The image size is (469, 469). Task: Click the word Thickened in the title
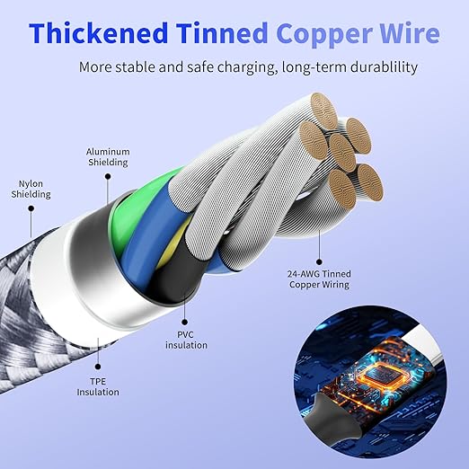[99, 33]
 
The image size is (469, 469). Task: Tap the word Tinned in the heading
[222, 33]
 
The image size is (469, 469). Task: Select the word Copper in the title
[324, 35]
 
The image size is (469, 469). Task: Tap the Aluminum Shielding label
[108, 157]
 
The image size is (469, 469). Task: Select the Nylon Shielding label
[31, 189]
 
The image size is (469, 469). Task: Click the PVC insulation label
[186, 340]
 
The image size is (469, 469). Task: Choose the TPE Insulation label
[98, 386]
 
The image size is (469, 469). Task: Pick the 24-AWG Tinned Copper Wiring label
[319, 279]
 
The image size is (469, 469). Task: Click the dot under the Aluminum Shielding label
[108, 176]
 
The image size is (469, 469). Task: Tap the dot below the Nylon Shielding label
[31, 208]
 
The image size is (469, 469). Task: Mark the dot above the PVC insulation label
[185, 323]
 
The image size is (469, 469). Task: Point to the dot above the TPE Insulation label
[98, 367]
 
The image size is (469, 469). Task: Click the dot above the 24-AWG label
[319, 262]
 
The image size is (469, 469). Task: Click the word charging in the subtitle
[246, 67]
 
